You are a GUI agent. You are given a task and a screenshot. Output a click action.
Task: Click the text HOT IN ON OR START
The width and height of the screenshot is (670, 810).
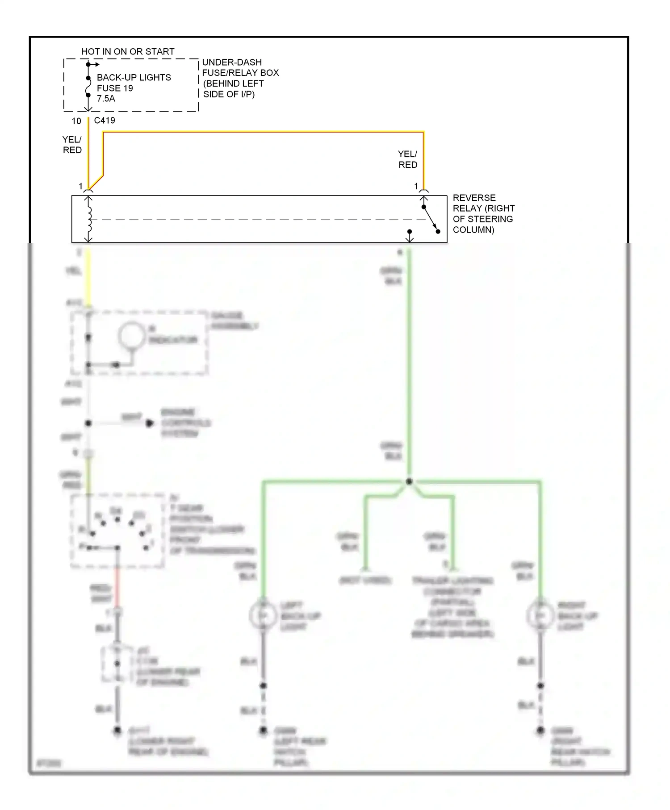[128, 52]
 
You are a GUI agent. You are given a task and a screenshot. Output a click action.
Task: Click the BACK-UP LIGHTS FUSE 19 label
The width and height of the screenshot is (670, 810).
[133, 83]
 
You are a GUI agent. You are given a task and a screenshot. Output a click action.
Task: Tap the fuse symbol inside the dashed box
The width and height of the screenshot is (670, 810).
[88, 87]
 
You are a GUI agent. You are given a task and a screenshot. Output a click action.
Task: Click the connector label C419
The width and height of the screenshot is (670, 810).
[105, 121]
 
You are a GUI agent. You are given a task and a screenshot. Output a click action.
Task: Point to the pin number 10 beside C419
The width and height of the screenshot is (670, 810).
[76, 121]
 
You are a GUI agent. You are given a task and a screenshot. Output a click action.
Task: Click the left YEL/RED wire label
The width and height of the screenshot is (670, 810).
[72, 145]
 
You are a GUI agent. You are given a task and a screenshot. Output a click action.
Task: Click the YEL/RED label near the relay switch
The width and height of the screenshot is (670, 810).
[407, 159]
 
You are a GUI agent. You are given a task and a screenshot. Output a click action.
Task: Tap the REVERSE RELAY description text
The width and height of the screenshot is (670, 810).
[483, 214]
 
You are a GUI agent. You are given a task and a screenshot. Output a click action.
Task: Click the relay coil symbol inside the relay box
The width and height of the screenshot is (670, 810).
[89, 219]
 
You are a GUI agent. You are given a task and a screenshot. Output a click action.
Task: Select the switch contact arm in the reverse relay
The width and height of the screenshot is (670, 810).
[431, 219]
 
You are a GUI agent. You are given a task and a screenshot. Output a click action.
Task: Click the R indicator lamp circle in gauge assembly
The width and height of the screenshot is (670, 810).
[131, 336]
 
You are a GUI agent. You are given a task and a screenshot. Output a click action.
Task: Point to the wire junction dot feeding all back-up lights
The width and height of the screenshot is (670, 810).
[409, 481]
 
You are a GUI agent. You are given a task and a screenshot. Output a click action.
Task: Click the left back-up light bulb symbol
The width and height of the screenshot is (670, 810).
[263, 616]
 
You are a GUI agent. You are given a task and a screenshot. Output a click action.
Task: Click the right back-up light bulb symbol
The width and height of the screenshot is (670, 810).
[540, 616]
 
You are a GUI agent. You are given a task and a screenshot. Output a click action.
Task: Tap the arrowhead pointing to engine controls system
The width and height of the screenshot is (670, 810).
[151, 423]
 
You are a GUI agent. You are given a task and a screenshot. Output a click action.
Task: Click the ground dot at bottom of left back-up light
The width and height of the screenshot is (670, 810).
[263, 731]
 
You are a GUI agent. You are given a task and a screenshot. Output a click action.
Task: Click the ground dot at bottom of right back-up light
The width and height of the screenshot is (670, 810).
[540, 731]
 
